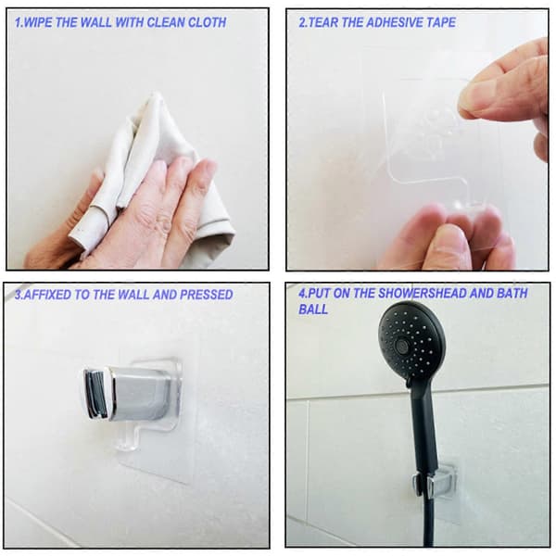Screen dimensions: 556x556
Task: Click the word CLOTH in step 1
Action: [x=207, y=22]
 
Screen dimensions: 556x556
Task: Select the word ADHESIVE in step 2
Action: [x=395, y=22]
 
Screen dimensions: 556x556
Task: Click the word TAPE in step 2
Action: [x=441, y=22]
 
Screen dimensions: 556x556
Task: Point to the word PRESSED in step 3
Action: [x=207, y=295]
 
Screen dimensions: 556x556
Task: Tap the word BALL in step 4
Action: [x=313, y=310]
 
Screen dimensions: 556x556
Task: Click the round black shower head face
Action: [x=411, y=340]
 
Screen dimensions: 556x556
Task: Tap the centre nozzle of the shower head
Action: [x=402, y=344]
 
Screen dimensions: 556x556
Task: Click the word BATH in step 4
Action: [x=512, y=293]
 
